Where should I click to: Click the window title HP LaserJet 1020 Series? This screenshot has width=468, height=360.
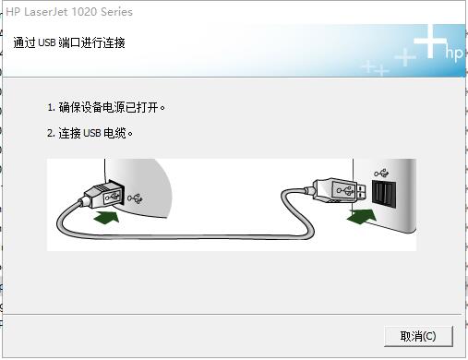69,12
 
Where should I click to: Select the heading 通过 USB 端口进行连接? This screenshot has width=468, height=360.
69,43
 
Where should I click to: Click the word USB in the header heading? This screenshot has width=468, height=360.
51,43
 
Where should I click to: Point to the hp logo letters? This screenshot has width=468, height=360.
453,54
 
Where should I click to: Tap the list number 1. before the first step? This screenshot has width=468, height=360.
52,107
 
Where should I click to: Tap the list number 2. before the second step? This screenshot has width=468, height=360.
52,133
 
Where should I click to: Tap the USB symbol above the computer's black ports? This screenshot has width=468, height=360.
382,172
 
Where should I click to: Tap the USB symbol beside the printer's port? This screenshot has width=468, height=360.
137,197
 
